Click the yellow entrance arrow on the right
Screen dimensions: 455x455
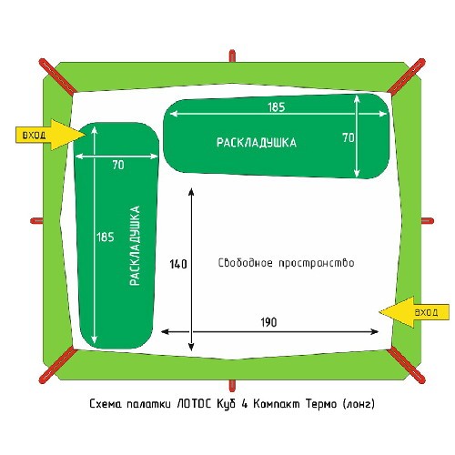(414, 312)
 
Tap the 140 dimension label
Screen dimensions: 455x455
(178, 264)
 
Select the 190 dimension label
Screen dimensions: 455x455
(268, 322)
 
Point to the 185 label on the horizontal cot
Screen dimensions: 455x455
(277, 107)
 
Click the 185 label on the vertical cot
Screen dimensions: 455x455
(106, 237)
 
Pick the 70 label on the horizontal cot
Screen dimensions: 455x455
(349, 137)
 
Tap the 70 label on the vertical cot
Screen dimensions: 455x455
(118, 165)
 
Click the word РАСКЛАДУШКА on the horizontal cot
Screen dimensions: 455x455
(257, 143)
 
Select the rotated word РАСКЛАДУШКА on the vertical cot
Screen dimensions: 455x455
(135, 246)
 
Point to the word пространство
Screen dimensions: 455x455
(317, 263)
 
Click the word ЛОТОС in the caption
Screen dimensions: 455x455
(193, 404)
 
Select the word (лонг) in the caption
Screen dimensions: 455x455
(359, 404)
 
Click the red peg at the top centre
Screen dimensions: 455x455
(232, 56)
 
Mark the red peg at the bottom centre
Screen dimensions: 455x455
(232, 385)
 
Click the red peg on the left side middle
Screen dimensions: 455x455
(36, 221)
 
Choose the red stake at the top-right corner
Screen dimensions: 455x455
(407, 76)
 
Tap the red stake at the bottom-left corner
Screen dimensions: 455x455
(57, 365)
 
